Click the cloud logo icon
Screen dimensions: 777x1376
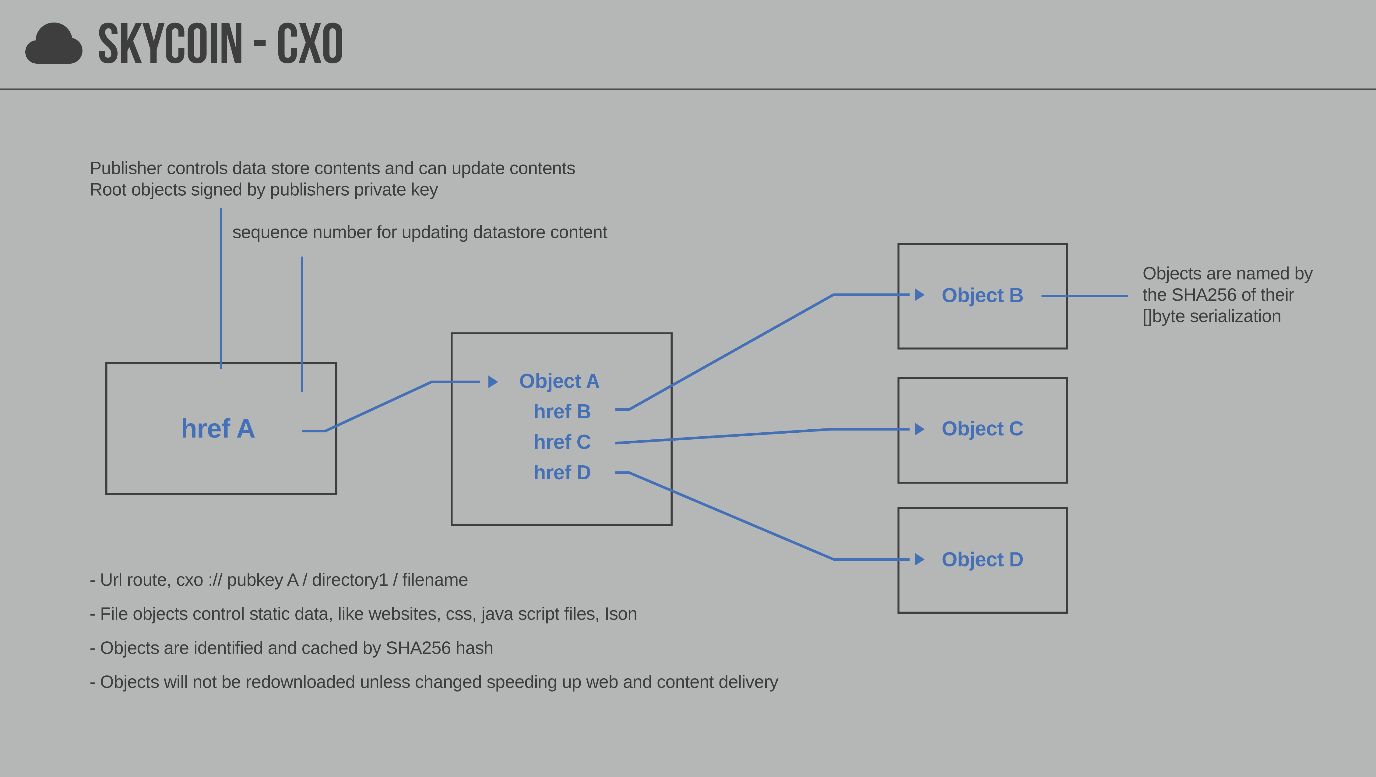pyautogui.click(x=54, y=44)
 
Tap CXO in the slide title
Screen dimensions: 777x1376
pyautogui.click(x=310, y=44)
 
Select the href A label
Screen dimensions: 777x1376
pyautogui.click(x=218, y=429)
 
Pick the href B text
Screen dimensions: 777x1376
pyautogui.click(x=562, y=411)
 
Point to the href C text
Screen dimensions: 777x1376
pyautogui.click(x=562, y=442)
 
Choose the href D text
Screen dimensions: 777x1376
pyautogui.click(x=562, y=472)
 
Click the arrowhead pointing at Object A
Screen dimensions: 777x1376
pyautogui.click(x=492, y=381)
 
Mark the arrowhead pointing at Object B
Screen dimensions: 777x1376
pyautogui.click(x=919, y=294)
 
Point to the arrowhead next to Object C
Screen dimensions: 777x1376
pyautogui.click(x=919, y=429)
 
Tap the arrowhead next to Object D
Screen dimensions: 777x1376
pyautogui.click(x=919, y=559)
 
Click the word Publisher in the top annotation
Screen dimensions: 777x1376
pyautogui.click(x=125, y=168)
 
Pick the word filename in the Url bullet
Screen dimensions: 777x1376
pyautogui.click(x=435, y=580)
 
